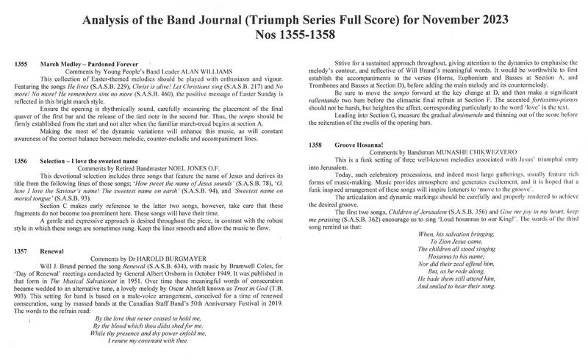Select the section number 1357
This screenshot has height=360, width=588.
click(x=21, y=251)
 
